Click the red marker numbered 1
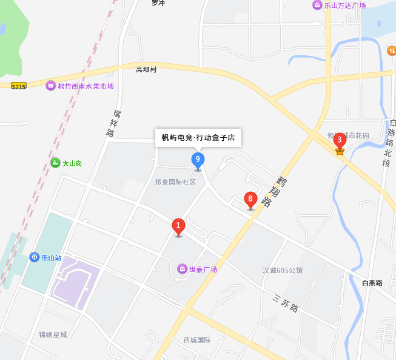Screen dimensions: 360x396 pos(178,226)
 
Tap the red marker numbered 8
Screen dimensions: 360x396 pos(250,199)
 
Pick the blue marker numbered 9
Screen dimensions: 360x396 pos(198,160)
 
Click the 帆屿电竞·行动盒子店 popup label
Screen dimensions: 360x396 pos(198,137)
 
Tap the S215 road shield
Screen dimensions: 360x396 pos(19,87)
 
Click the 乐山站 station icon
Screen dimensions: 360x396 pos(35,257)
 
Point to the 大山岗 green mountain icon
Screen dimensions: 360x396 pos(56,163)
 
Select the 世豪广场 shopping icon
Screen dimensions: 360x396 pos(182,269)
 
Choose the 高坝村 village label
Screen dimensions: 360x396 pos(146,70)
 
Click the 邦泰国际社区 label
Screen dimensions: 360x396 pos(175,182)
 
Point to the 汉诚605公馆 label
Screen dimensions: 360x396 pos(283,270)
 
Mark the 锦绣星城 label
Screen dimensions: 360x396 pos(53,335)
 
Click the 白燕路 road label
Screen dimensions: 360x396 pos(372,283)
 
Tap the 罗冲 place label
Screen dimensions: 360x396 pos(158,3)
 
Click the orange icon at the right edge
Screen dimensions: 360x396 pos(392,50)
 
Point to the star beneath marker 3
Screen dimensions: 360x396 pos(340,151)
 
